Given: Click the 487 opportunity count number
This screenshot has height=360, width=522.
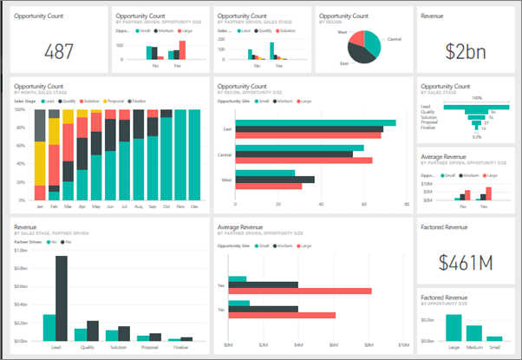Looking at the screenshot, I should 57,50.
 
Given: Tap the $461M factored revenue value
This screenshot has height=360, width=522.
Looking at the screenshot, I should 464,262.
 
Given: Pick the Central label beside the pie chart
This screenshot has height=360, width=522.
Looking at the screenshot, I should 394,39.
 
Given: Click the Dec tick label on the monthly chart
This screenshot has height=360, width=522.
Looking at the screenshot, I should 193,207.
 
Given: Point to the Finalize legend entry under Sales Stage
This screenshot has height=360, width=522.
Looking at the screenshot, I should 141,101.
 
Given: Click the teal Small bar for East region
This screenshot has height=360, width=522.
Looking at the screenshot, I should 316,123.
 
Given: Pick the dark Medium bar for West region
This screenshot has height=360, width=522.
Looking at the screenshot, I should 276,180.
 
